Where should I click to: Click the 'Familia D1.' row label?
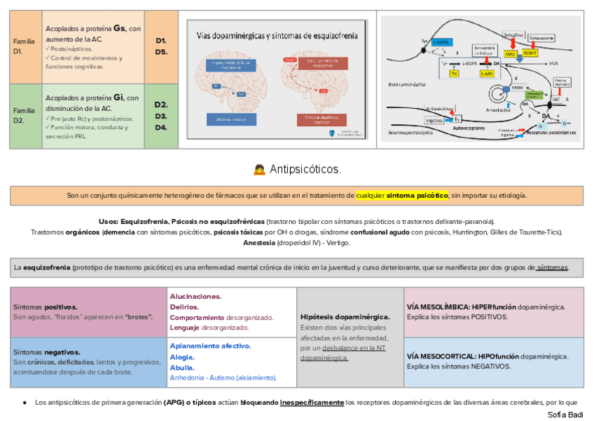[x=24, y=47]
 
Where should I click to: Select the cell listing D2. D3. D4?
[x=161, y=116]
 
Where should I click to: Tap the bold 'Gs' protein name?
[x=119, y=28]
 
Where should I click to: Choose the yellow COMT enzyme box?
[x=530, y=53]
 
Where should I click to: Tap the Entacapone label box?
[x=543, y=38]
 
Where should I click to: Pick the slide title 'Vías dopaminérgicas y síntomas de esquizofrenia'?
[x=277, y=35]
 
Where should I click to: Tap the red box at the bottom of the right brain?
[x=323, y=119]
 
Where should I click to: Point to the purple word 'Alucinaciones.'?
[x=195, y=297]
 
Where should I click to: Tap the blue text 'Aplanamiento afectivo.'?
[x=210, y=346]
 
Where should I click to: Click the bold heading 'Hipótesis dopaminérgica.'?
[x=345, y=317]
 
